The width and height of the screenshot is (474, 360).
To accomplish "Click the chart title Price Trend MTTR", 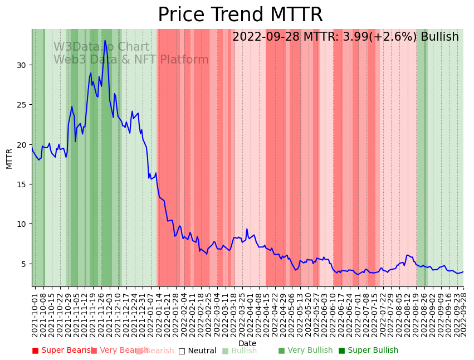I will (240, 15).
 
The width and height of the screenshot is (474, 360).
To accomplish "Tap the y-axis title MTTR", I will (9, 158).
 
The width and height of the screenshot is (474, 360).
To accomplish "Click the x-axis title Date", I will (247, 343).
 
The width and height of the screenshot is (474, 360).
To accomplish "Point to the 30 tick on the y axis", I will (22, 65).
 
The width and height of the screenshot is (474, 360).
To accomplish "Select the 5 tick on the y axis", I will (24, 264).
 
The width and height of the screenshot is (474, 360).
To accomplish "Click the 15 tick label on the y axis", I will (22, 184).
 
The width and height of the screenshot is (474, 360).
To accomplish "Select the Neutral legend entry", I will (197, 351).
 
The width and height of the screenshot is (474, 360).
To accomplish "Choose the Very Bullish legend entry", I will (305, 351).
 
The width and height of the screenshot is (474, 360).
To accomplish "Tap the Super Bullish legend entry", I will (368, 351).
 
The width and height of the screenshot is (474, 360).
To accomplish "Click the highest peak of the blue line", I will (105, 40).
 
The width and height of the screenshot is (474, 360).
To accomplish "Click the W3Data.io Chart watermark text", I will (101, 47).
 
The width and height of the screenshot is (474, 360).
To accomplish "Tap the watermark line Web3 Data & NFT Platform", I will (131, 60).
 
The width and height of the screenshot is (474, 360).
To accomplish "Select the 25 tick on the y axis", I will (22, 105).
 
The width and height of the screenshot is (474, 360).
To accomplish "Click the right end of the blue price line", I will (463, 271).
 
